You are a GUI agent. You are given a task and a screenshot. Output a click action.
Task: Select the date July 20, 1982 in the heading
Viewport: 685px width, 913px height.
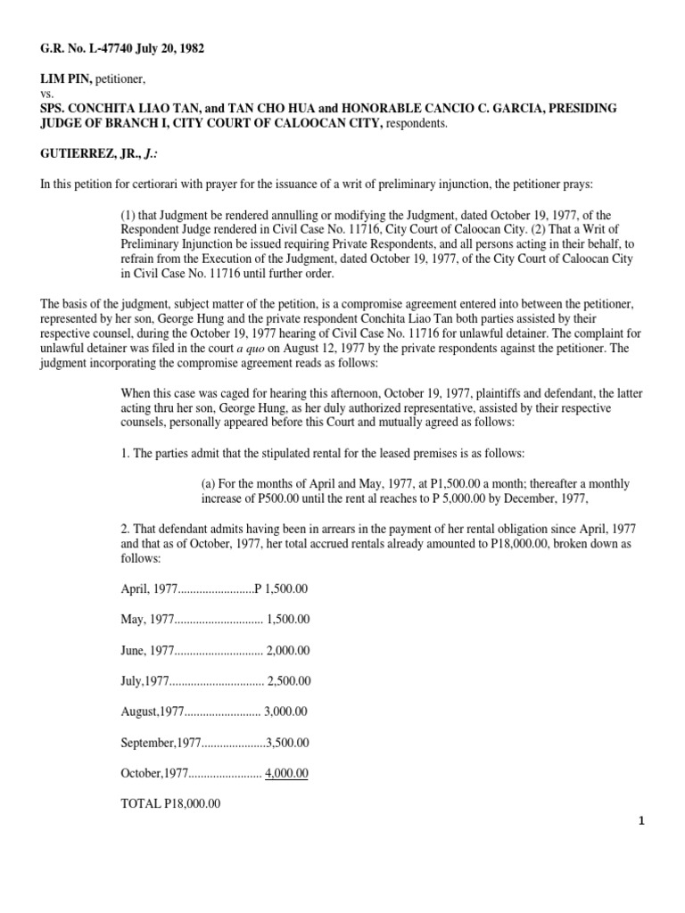pos(171,48)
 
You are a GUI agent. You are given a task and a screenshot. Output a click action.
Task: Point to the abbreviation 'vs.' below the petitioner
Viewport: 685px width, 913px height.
pos(47,95)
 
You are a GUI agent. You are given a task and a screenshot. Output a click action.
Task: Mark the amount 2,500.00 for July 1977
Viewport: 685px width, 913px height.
pos(288,680)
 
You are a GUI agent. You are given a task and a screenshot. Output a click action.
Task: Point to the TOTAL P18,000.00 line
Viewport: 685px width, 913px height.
pos(170,803)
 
